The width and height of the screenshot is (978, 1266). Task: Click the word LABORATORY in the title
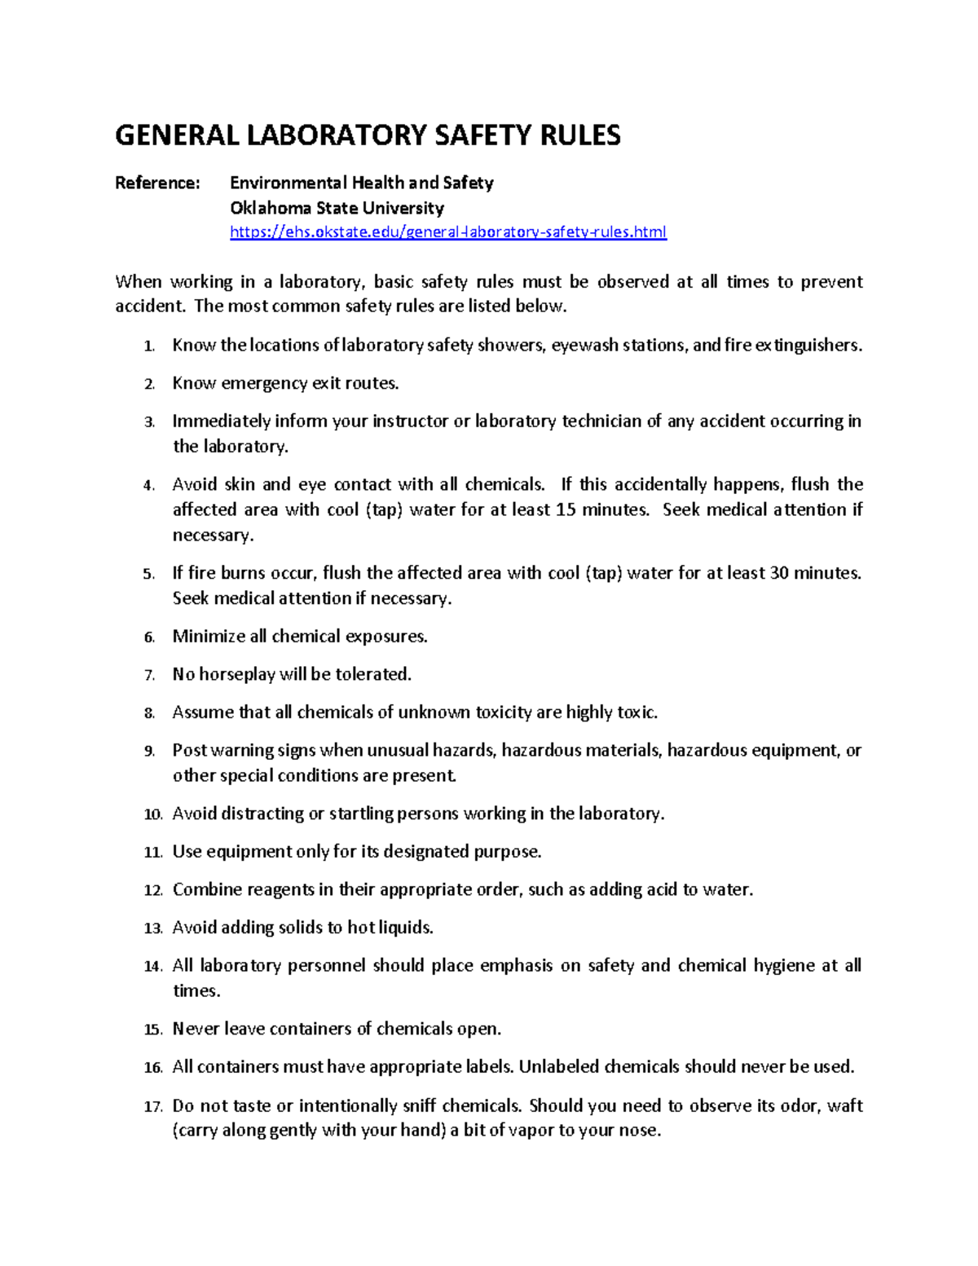(x=334, y=135)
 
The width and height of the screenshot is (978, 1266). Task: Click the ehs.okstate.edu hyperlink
(x=447, y=232)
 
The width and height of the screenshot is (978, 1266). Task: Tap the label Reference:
(x=156, y=183)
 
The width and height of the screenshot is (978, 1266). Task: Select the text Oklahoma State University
(x=337, y=208)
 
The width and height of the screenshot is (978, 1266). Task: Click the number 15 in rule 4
(x=565, y=510)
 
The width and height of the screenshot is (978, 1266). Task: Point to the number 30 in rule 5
(x=778, y=573)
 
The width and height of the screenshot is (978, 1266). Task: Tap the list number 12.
(x=152, y=891)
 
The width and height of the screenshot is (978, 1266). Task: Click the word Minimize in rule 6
(x=209, y=637)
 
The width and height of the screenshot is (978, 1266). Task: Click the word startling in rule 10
(x=361, y=814)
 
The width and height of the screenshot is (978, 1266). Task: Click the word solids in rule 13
(x=301, y=928)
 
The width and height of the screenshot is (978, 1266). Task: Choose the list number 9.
(x=149, y=752)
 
